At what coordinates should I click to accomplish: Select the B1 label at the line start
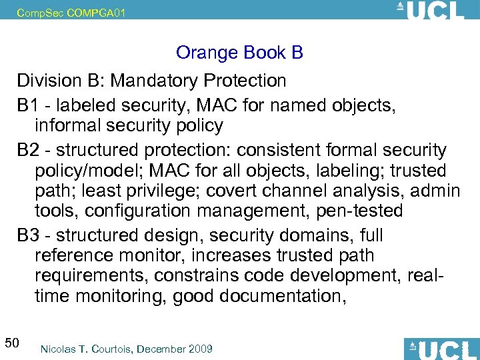[28, 105]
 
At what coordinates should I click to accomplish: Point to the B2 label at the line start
[28, 150]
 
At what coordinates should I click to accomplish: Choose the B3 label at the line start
[28, 235]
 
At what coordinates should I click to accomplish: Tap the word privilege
[162, 191]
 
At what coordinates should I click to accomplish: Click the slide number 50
[11, 343]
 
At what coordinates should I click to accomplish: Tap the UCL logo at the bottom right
[442, 349]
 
